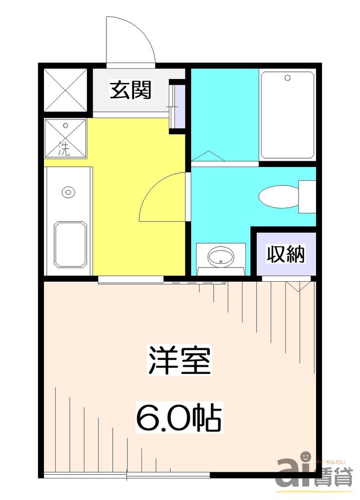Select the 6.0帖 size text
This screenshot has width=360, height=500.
(179, 417)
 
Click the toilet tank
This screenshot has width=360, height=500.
(307, 196)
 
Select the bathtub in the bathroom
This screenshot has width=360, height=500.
(287, 115)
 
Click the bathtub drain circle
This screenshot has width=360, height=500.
(287, 78)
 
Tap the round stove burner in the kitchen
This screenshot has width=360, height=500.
(68, 191)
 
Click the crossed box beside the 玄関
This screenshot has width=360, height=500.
(65, 90)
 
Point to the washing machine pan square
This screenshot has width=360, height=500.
(65, 138)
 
